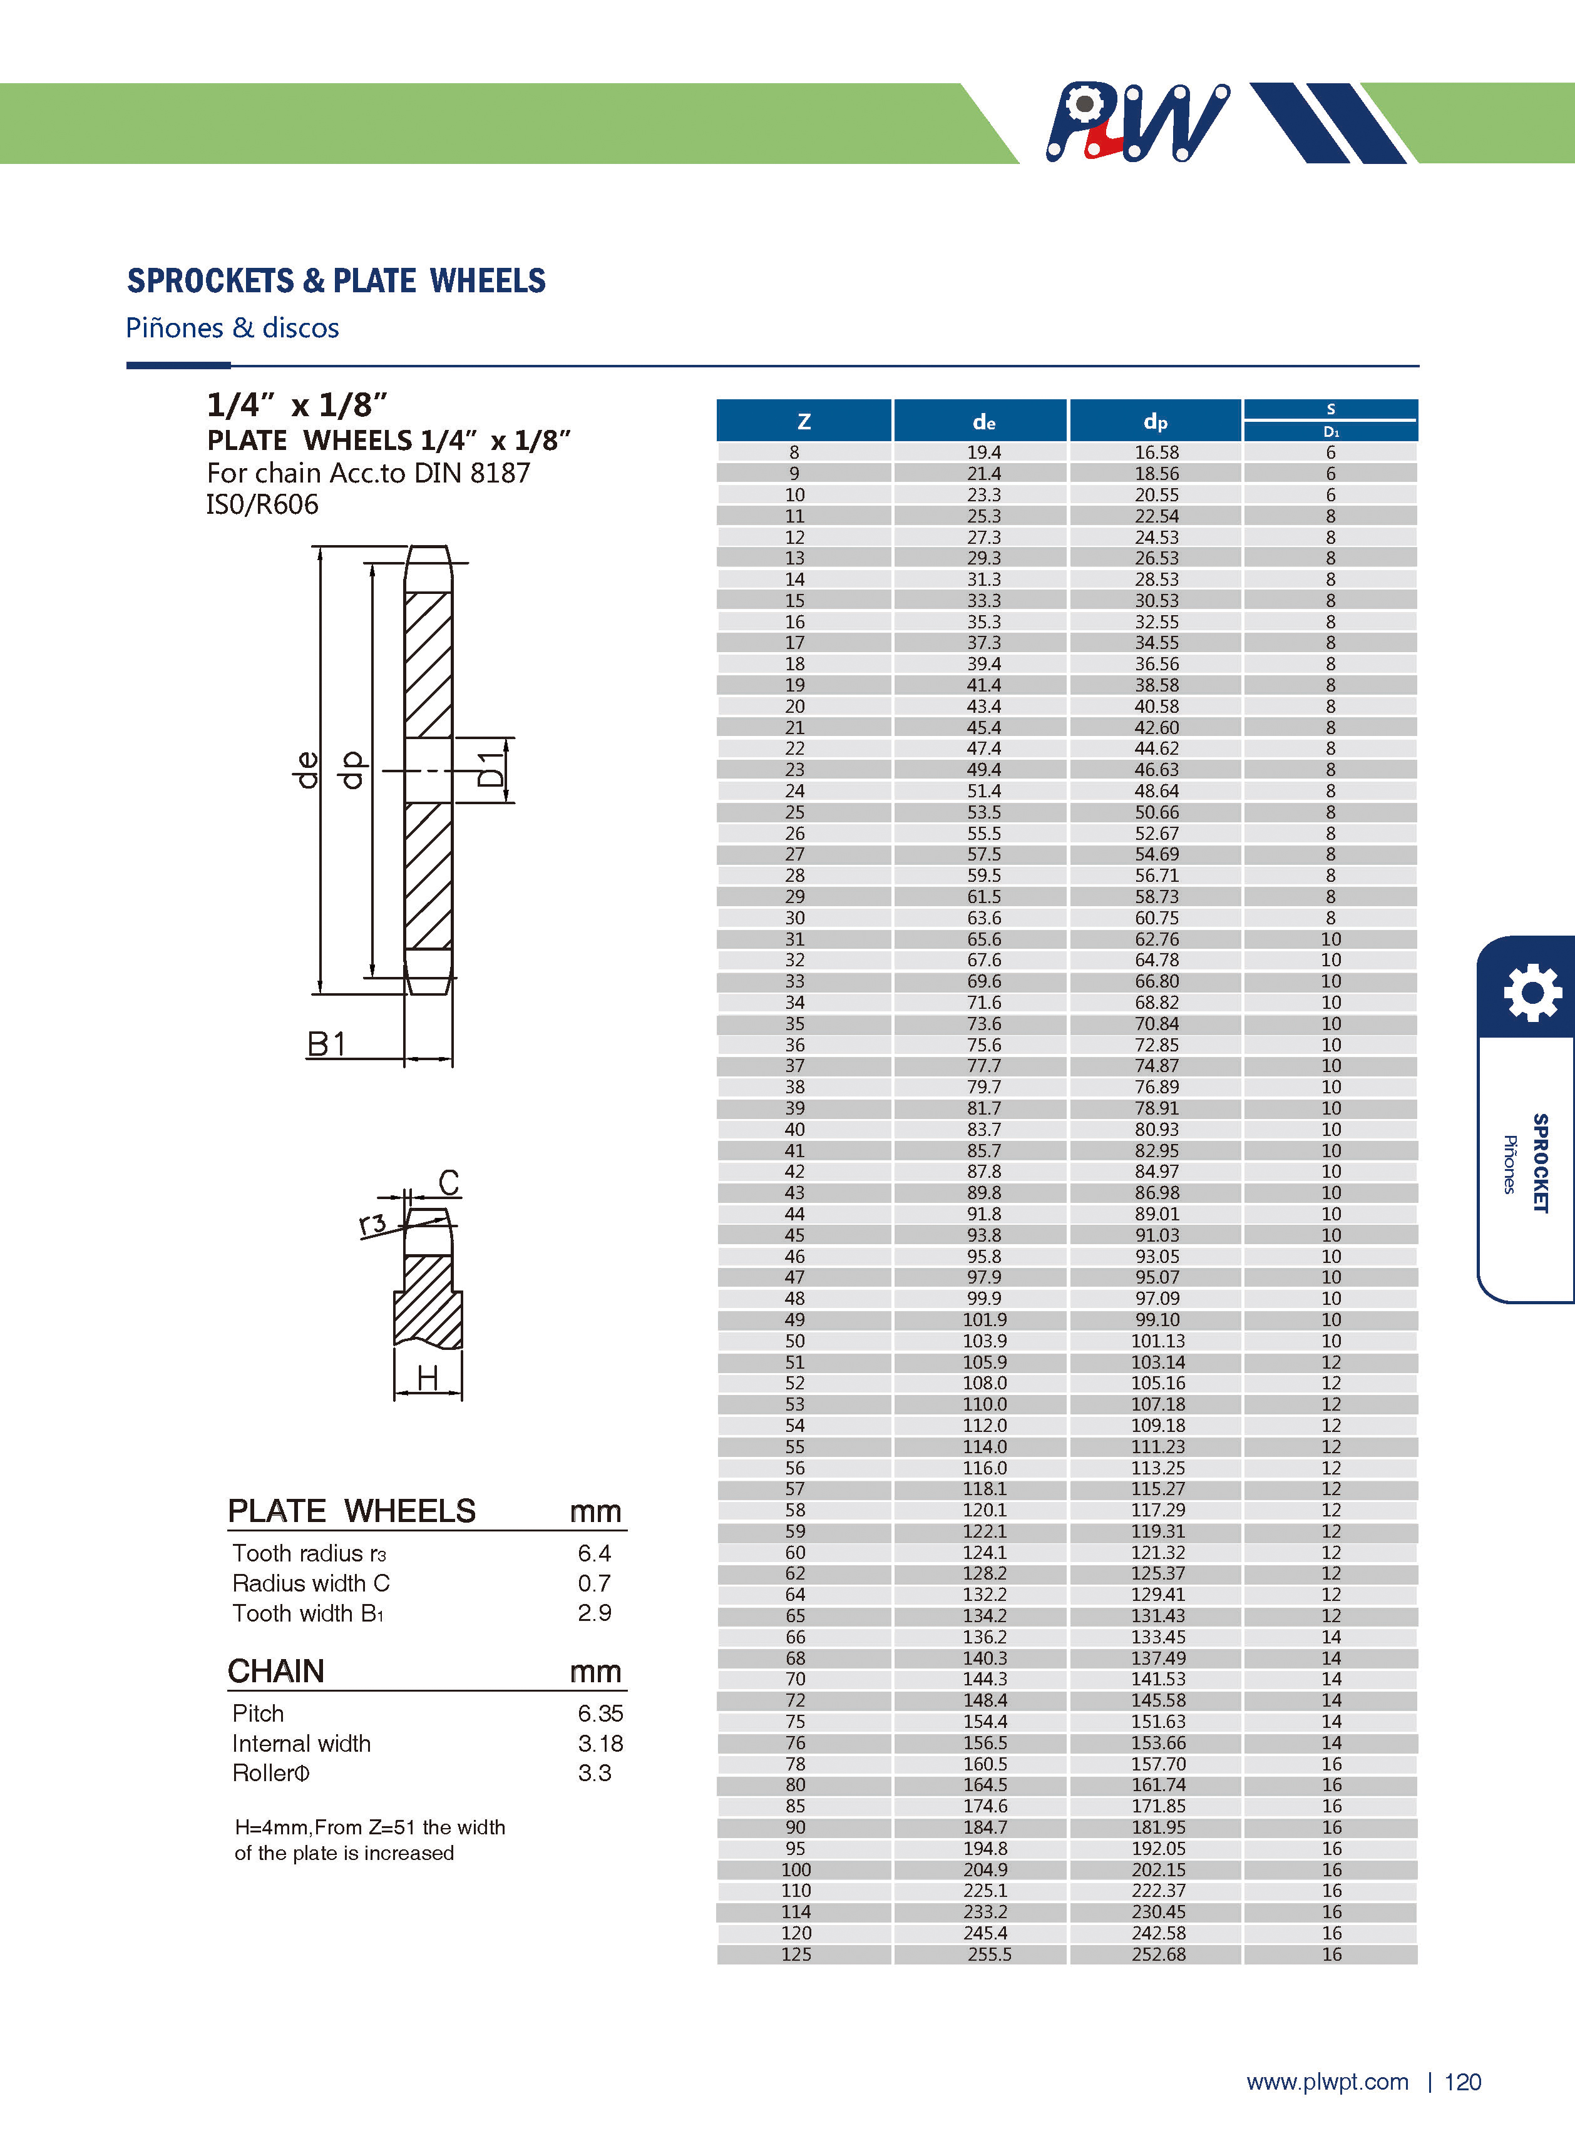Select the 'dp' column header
1156,421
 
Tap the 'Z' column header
804,421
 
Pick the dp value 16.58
1156,452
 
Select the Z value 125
796,1954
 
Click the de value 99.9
984,1298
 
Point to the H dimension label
427,1378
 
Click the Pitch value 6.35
600,1714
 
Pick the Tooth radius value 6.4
594,1553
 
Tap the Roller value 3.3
594,1772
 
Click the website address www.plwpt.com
1327,2082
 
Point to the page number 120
1462,2082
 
